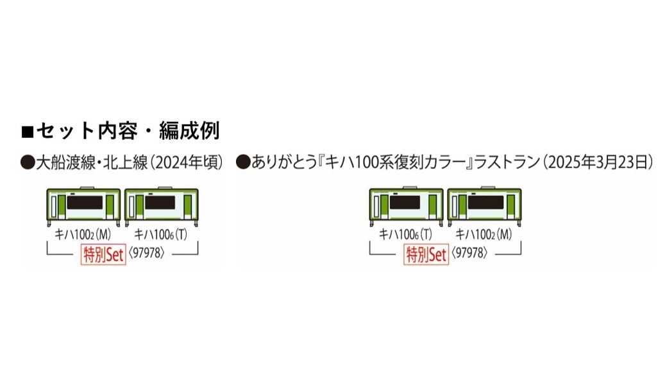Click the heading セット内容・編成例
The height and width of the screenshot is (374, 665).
click(128, 132)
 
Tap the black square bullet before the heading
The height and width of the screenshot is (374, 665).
click(27, 132)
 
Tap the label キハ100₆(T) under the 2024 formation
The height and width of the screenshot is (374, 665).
click(160, 235)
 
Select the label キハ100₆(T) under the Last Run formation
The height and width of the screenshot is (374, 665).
click(405, 235)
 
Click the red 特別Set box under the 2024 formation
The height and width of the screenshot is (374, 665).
click(103, 254)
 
